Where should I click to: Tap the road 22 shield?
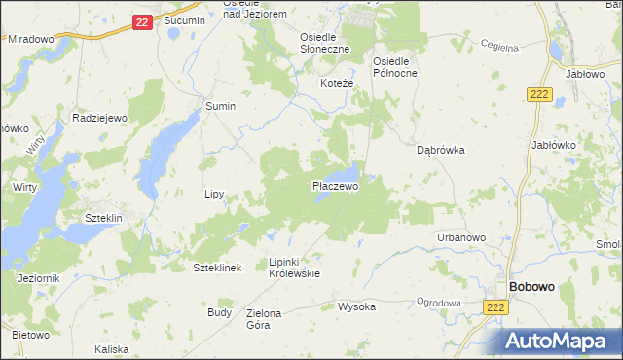[142, 21]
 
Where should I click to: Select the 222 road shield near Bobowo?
[495, 306]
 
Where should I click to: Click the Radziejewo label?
[100, 118]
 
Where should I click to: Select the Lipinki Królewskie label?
[294, 268]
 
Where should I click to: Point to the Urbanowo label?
[461, 237]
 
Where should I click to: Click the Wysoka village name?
[356, 306]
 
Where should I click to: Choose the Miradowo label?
[30, 39]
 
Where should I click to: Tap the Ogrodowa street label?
[438, 303]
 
